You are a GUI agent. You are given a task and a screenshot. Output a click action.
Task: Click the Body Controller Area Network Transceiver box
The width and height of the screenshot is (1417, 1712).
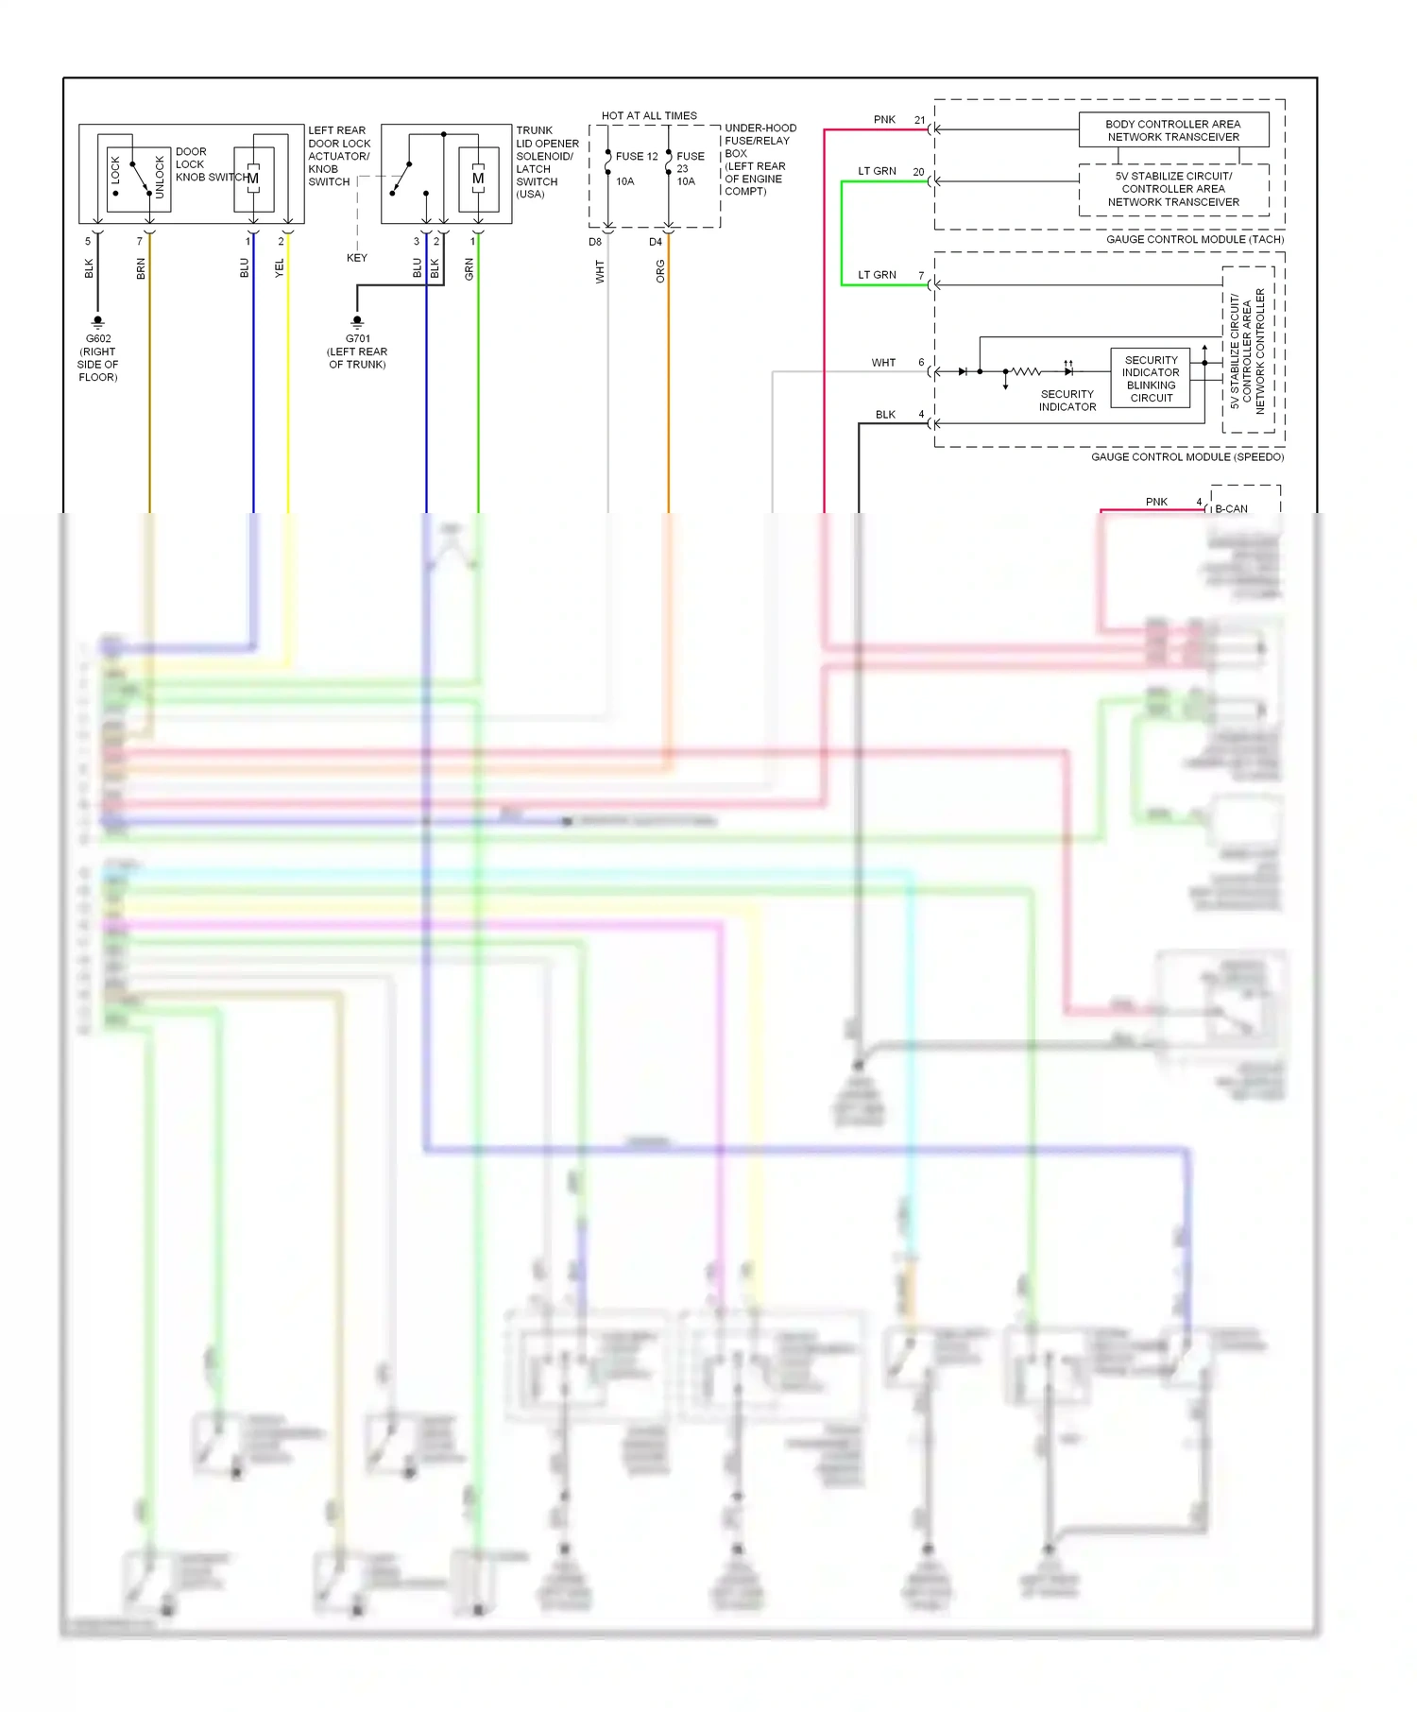coord(1173,130)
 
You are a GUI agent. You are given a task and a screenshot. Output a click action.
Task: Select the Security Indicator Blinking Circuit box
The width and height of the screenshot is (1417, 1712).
coord(1151,379)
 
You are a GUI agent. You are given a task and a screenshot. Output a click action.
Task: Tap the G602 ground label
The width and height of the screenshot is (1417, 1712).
coord(98,339)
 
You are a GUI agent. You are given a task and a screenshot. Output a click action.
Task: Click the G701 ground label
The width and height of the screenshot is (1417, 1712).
coord(358,339)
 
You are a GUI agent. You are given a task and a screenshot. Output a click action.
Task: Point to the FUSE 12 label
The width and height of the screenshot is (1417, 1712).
coord(636,157)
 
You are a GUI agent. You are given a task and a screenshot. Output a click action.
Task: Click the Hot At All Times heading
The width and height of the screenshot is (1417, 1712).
coord(649,116)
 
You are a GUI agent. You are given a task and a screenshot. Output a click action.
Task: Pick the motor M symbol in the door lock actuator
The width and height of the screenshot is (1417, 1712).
coord(253,179)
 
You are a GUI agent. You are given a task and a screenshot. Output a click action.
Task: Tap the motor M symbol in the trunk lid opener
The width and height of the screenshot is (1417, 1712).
coord(478,179)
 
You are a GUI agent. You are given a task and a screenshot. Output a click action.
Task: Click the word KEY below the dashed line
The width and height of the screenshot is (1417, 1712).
coord(357,258)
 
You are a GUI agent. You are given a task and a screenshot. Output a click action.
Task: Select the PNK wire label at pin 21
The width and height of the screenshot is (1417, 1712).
coord(884,120)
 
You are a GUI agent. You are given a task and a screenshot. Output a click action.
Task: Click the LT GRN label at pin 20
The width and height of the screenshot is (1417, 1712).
coord(877,172)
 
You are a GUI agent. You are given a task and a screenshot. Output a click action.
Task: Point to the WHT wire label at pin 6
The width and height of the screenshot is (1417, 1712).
coord(883,363)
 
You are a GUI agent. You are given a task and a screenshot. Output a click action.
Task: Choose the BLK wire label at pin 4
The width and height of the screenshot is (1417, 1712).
coord(885,415)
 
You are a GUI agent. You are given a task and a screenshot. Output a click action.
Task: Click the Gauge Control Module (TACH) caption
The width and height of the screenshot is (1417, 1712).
coord(1195,240)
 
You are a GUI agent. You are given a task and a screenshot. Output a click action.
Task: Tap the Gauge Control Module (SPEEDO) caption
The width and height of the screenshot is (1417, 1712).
coord(1187,457)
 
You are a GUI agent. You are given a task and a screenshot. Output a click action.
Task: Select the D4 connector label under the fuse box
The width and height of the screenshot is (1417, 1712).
coord(656,243)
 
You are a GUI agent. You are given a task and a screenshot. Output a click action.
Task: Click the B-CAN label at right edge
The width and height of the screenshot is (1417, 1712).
coord(1231,509)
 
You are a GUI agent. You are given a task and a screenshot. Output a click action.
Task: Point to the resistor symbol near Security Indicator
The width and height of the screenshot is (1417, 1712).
coord(1026,372)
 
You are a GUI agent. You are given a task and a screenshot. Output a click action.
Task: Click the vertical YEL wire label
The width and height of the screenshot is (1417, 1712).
coord(280,268)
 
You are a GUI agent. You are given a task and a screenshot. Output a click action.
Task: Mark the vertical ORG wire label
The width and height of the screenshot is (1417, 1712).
coord(660,271)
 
